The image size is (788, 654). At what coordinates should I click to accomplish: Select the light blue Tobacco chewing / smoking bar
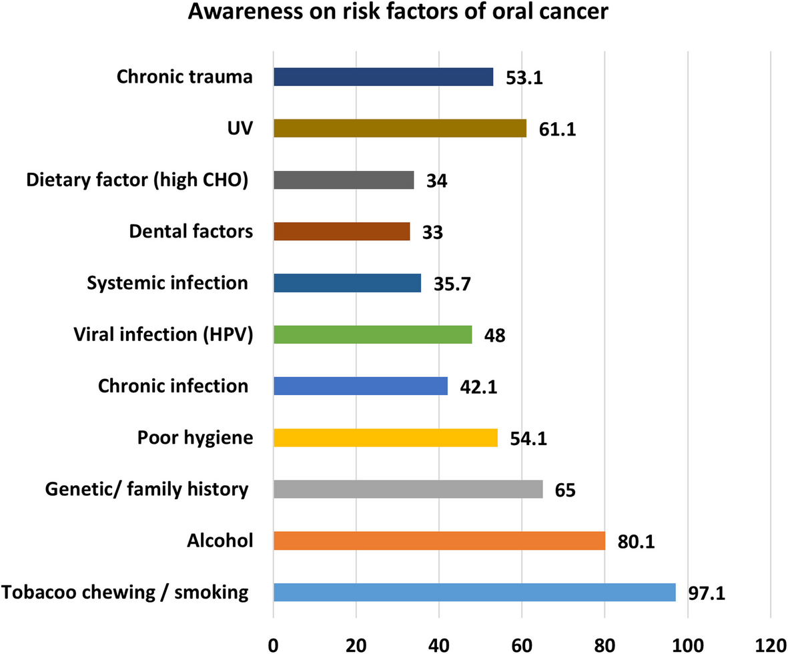pos(474,592)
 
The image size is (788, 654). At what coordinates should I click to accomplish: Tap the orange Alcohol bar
pos(439,541)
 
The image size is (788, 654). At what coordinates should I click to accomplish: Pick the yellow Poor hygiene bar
pos(386,437)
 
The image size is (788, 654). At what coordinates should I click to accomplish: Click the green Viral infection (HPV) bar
pos(373,334)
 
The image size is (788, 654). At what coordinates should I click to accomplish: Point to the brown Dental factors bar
pos(342,232)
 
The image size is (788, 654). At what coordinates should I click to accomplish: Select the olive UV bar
pos(400,128)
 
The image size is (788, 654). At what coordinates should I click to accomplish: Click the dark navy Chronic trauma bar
pos(384,77)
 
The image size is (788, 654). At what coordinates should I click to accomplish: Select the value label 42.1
pos(479,388)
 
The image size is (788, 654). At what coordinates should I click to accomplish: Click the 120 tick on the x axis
pos(770,643)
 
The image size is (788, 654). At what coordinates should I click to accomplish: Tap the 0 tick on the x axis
pos(274,643)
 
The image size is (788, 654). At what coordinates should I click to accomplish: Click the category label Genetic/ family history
pos(147,489)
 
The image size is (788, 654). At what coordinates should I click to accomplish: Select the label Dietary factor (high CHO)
pos(138,180)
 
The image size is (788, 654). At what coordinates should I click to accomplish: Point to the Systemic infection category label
pos(167,283)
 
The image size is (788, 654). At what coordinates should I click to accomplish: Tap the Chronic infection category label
pos(173,386)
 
